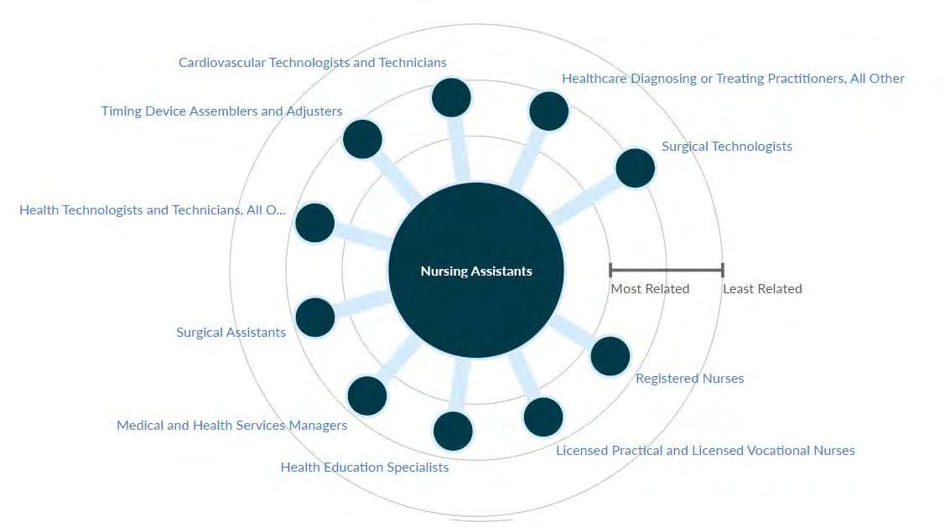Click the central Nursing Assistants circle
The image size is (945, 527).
476,271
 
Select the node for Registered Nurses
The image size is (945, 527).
610,356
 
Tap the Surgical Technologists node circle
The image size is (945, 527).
635,168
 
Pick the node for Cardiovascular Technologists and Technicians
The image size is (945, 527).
451,97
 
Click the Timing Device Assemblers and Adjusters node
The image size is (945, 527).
362,139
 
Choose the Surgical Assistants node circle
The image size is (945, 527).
315,318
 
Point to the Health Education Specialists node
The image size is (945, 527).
453,431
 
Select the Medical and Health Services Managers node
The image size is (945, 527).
367,395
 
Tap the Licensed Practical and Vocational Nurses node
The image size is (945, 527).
543,416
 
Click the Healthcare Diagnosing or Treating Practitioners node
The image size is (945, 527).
549,111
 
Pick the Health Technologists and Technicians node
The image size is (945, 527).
315,223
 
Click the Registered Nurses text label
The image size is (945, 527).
689,379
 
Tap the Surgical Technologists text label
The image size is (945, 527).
726,147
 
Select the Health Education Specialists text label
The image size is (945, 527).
364,468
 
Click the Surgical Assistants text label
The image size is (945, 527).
231,333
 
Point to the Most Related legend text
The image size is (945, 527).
650,289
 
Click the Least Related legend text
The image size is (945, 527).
762,289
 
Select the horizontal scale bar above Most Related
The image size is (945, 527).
666,270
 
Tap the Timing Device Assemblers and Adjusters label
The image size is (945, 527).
221,111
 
